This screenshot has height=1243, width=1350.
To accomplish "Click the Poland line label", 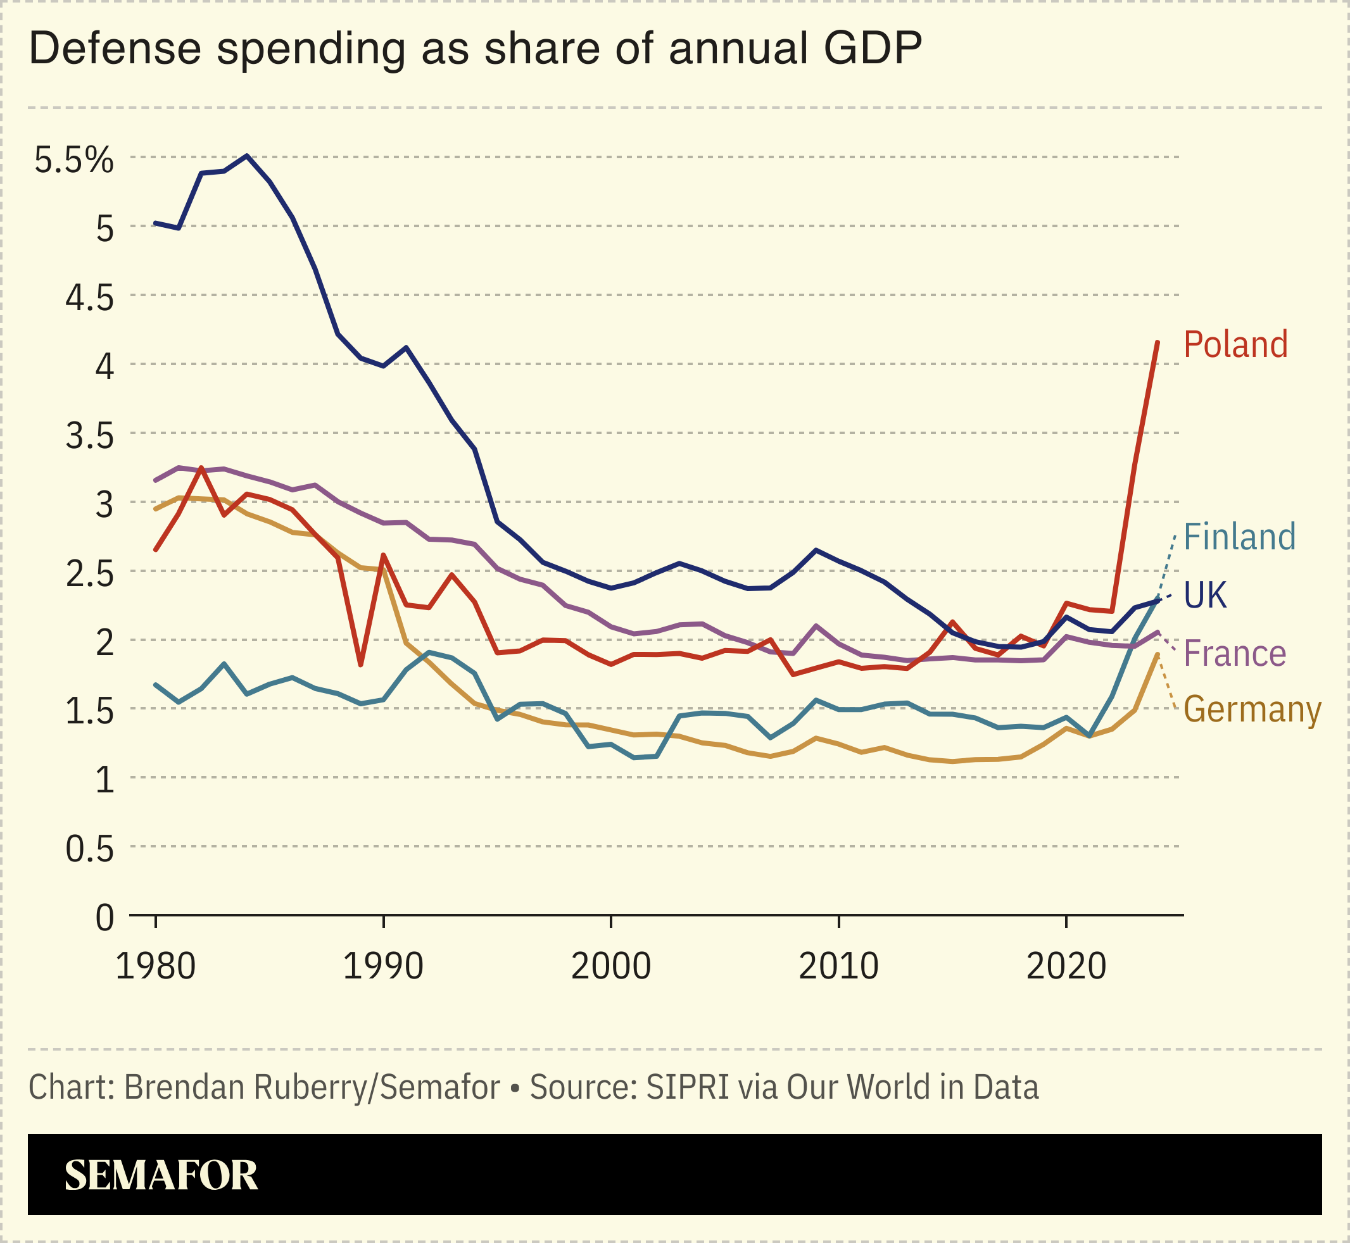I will click(1235, 345).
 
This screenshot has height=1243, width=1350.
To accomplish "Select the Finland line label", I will click(1239, 537).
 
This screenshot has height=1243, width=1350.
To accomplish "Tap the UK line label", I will click(1204, 596).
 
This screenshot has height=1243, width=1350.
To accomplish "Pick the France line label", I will click(1234, 654).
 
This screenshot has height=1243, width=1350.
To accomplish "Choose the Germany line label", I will click(1252, 710).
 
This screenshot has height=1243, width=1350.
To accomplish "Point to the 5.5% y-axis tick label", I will click(74, 160).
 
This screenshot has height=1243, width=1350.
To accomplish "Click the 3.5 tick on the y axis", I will click(89, 437).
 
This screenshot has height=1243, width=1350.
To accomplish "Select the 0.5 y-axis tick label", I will click(89, 849).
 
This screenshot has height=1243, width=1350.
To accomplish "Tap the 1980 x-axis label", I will click(156, 966).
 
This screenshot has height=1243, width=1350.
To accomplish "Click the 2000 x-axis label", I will click(610, 966).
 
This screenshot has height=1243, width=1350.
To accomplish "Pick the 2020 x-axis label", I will click(1066, 966).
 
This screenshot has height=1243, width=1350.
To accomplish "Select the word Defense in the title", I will click(115, 49).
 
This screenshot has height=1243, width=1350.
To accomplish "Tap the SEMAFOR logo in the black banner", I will click(161, 1175).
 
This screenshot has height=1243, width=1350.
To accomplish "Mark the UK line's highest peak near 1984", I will click(248, 156).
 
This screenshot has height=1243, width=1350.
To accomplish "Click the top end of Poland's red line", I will click(1157, 343).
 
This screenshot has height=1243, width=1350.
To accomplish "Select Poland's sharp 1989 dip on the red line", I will click(361, 665).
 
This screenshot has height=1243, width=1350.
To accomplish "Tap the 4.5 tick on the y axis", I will click(89, 299).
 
